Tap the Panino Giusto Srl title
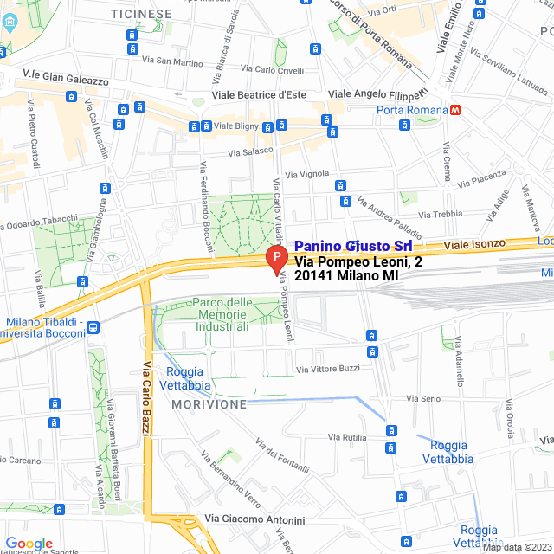click(353, 246)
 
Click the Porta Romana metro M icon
click(455, 110)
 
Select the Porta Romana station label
click(411, 110)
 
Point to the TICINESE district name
click(141, 14)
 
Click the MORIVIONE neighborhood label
click(209, 404)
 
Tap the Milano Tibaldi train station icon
click(93, 327)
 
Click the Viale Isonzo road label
click(473, 246)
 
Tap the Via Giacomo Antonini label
click(254, 520)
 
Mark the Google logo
click(29, 543)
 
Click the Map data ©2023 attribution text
click(517, 547)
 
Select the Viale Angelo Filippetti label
click(377, 93)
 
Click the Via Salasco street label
click(249, 152)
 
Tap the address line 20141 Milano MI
click(346, 275)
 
